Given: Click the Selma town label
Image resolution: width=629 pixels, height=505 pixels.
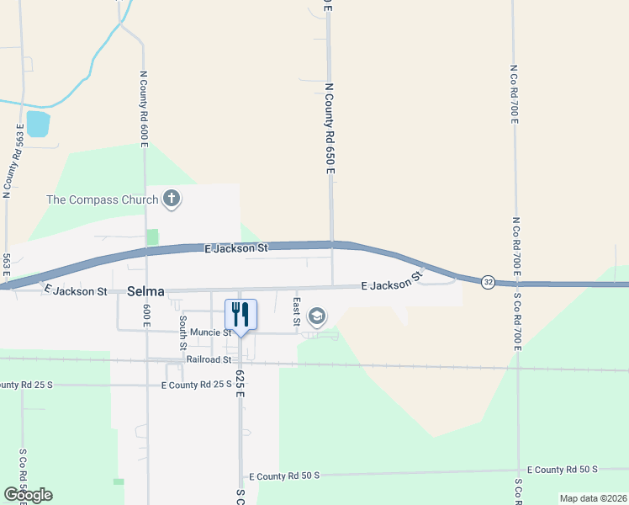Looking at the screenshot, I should coord(145,291).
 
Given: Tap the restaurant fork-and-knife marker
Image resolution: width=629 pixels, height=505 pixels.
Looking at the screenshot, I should coord(240,315).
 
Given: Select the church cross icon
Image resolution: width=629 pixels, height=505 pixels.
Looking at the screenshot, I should coord(172,199).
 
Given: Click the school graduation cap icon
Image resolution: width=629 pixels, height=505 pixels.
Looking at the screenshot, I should coord(317,316).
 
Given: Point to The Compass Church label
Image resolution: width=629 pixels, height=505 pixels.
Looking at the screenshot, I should coord(103,199).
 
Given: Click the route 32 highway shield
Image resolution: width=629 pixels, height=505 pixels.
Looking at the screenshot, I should coord(488,283).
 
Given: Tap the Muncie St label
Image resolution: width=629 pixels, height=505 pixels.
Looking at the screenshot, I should coord(204,332).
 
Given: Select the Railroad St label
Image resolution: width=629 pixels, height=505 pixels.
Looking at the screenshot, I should coord(209,359).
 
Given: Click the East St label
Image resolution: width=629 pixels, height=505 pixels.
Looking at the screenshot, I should coord(296,311).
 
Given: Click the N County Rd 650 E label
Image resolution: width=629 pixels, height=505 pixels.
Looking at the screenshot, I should coord(330,129).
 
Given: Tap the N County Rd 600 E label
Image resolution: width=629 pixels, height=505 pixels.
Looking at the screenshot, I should coord(145,108).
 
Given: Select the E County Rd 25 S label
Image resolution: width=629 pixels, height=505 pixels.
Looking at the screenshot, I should coord(195,385).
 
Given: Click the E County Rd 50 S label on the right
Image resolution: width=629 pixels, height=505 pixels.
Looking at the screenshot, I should coord(562,469).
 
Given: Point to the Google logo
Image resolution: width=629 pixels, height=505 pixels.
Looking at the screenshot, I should coord(28,494).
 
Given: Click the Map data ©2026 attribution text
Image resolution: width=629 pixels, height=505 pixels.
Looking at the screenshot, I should coord(592,498).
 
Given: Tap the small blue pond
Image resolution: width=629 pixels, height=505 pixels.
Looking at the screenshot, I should coord(38,124).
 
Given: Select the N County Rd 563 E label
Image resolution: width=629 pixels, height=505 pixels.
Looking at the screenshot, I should coord(13,161).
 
